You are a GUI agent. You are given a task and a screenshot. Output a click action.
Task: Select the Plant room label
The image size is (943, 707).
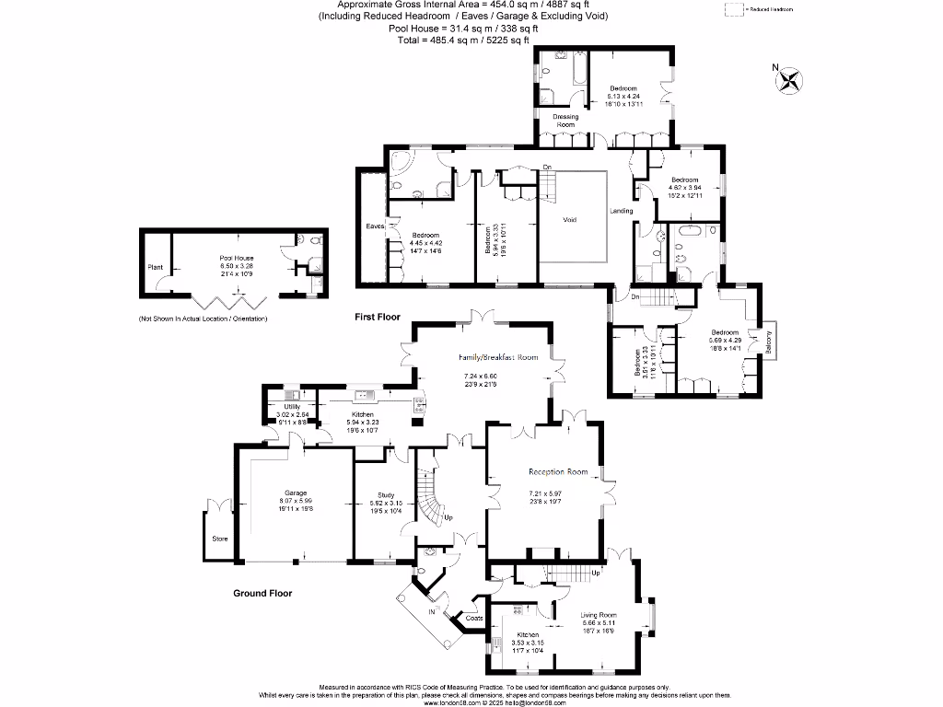(x=155, y=267)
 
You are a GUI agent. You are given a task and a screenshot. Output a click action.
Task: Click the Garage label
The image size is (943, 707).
(x=296, y=493)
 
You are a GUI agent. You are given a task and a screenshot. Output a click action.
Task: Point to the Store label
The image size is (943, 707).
(x=219, y=539)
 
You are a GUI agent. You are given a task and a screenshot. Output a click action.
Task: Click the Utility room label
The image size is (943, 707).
(x=292, y=406)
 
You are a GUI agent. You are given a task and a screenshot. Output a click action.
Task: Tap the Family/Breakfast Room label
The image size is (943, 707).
(x=498, y=357)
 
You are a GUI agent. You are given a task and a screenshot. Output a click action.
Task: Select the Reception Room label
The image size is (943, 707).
(x=557, y=472)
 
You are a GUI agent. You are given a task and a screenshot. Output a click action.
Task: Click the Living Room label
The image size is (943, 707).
(x=599, y=615)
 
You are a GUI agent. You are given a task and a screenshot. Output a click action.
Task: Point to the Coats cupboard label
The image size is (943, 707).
(x=474, y=619)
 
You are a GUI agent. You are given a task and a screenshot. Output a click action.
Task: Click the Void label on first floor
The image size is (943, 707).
(x=572, y=219)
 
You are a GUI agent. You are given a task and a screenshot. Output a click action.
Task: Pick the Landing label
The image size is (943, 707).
(x=622, y=212)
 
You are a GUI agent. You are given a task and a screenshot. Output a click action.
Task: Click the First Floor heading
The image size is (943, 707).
(x=378, y=317)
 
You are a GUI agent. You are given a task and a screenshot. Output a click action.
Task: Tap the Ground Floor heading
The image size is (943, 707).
(x=262, y=594)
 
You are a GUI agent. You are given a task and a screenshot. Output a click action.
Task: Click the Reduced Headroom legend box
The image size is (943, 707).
(x=734, y=8)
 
